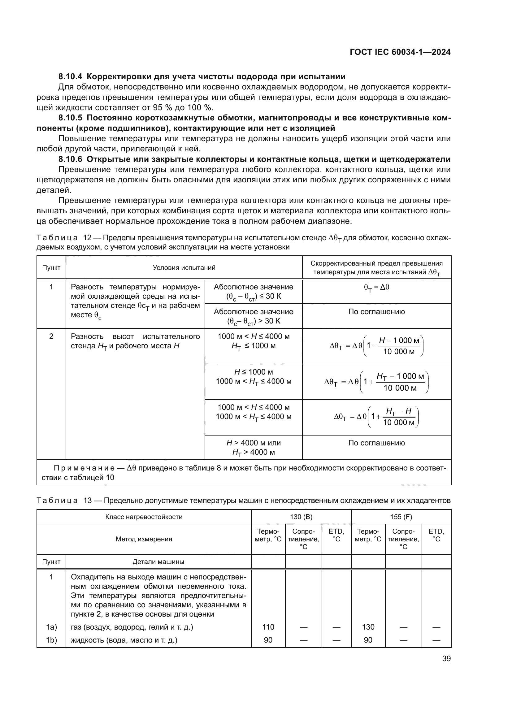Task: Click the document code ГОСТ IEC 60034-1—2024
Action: click(x=400, y=52)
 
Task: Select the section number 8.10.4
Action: click(x=70, y=77)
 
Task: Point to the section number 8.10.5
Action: click(x=70, y=118)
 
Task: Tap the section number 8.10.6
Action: click(x=70, y=159)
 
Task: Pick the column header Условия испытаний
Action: click(x=184, y=268)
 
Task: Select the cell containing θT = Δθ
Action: click(x=376, y=288)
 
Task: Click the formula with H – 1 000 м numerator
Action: click(x=376, y=346)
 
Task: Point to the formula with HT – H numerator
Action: click(x=376, y=417)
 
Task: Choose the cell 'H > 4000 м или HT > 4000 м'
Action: click(x=254, y=448)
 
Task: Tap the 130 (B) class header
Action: click(x=301, y=517)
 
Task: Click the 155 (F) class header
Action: click(x=401, y=517)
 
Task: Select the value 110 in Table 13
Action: click(x=268, y=627)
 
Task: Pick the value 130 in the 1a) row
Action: click(x=368, y=627)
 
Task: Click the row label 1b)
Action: click(x=51, y=640)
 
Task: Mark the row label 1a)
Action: click(x=51, y=627)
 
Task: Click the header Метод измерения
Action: click(x=144, y=539)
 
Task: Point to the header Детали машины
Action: click(x=158, y=561)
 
